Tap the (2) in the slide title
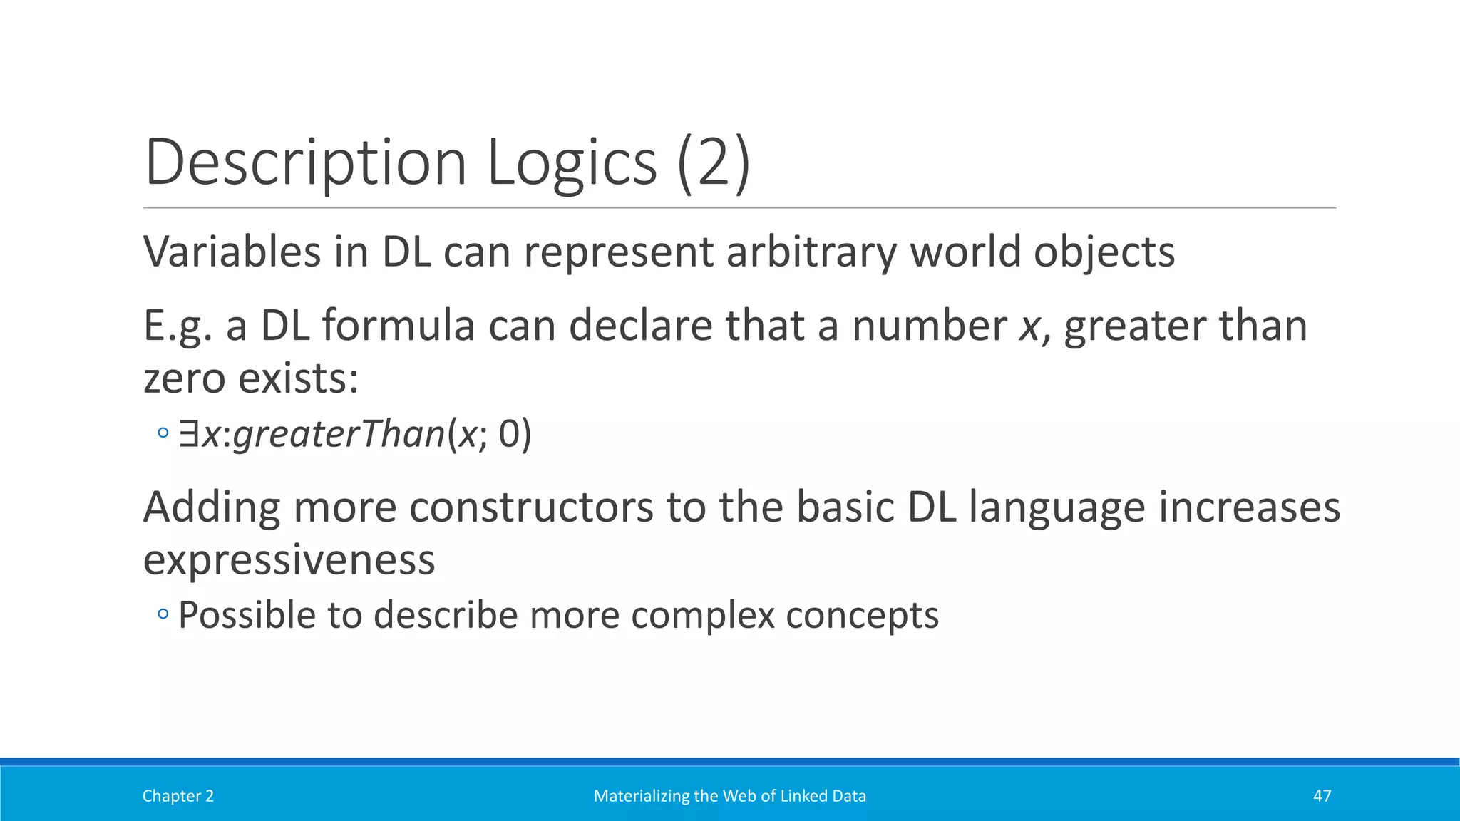[713, 162]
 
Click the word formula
[398, 326]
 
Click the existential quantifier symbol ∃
[188, 434]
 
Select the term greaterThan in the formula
[339, 434]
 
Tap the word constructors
[531, 507]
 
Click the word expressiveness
[289, 560]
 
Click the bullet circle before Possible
[163, 614]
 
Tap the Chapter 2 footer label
[178, 796]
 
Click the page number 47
[1322, 796]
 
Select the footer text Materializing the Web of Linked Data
[729, 796]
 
